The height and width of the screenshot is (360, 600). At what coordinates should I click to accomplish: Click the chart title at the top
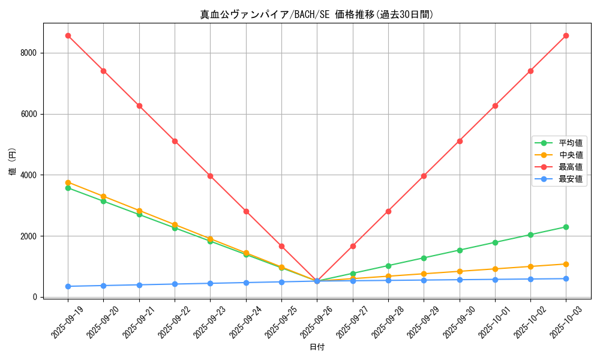pos(317,14)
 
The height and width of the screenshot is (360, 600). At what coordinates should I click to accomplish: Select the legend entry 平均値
pos(571,143)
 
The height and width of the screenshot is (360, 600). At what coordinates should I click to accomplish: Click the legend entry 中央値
pos(571,155)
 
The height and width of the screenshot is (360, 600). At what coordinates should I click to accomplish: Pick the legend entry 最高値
pos(571,167)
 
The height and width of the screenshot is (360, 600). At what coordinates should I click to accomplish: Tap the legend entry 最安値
pos(571,179)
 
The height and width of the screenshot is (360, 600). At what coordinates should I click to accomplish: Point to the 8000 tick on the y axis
pos(29,53)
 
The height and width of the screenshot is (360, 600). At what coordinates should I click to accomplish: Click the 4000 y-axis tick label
pos(29,175)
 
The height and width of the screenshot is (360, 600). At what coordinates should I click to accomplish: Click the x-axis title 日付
pos(317,347)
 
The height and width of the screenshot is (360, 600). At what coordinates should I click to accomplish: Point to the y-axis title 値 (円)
pos(12,163)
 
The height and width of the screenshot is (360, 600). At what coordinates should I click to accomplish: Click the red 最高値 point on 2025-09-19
pos(68,35)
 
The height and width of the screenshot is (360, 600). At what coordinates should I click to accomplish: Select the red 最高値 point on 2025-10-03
pos(566,35)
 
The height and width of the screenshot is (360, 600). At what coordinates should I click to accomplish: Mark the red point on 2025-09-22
pos(175,141)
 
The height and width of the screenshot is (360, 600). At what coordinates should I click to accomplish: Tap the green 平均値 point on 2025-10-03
pos(566,227)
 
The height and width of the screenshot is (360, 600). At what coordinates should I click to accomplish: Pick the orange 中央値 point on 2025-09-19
pos(68,182)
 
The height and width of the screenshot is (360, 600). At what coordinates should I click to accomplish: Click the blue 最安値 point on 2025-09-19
pos(68,286)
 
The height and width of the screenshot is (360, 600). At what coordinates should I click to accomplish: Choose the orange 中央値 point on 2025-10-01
pos(495,269)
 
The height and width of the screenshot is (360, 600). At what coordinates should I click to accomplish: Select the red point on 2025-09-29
pos(424,176)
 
